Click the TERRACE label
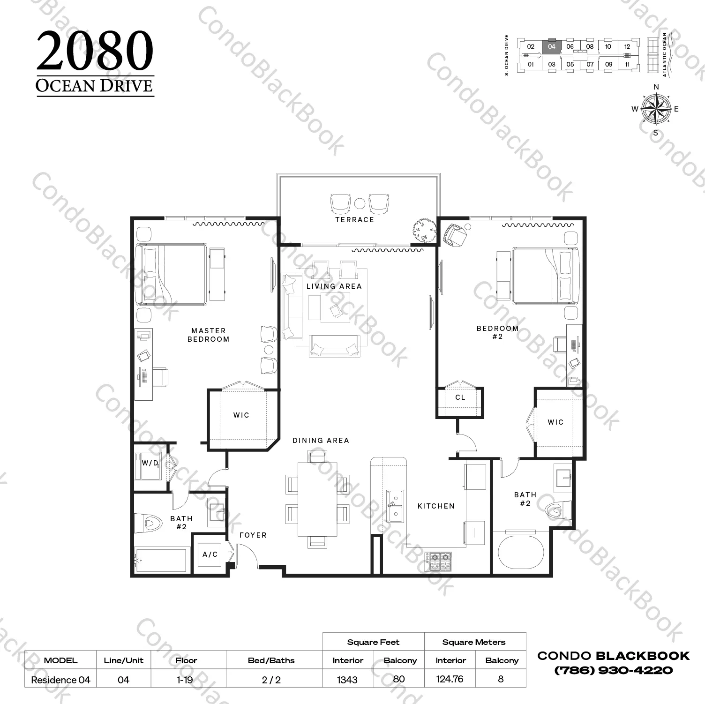pyautogui.click(x=354, y=219)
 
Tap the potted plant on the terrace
pyautogui.click(x=424, y=230)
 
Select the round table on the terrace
pyautogui.click(x=360, y=203)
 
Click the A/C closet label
pyautogui.click(x=210, y=554)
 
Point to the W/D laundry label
pyautogui.click(x=150, y=463)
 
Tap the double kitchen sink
pyautogui.click(x=395, y=506)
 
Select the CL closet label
pyautogui.click(x=460, y=397)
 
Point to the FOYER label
pyautogui.click(x=253, y=535)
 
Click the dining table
pyautogui.click(x=317, y=499)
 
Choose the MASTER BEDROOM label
pyautogui.click(x=209, y=335)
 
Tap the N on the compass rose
pyautogui.click(x=656, y=87)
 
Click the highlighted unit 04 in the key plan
pyautogui.click(x=551, y=47)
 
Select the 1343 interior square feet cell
pyautogui.click(x=347, y=680)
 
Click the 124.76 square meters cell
pyautogui.click(x=450, y=679)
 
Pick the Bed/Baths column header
pyautogui.click(x=271, y=660)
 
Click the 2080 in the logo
pyautogui.click(x=95, y=51)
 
